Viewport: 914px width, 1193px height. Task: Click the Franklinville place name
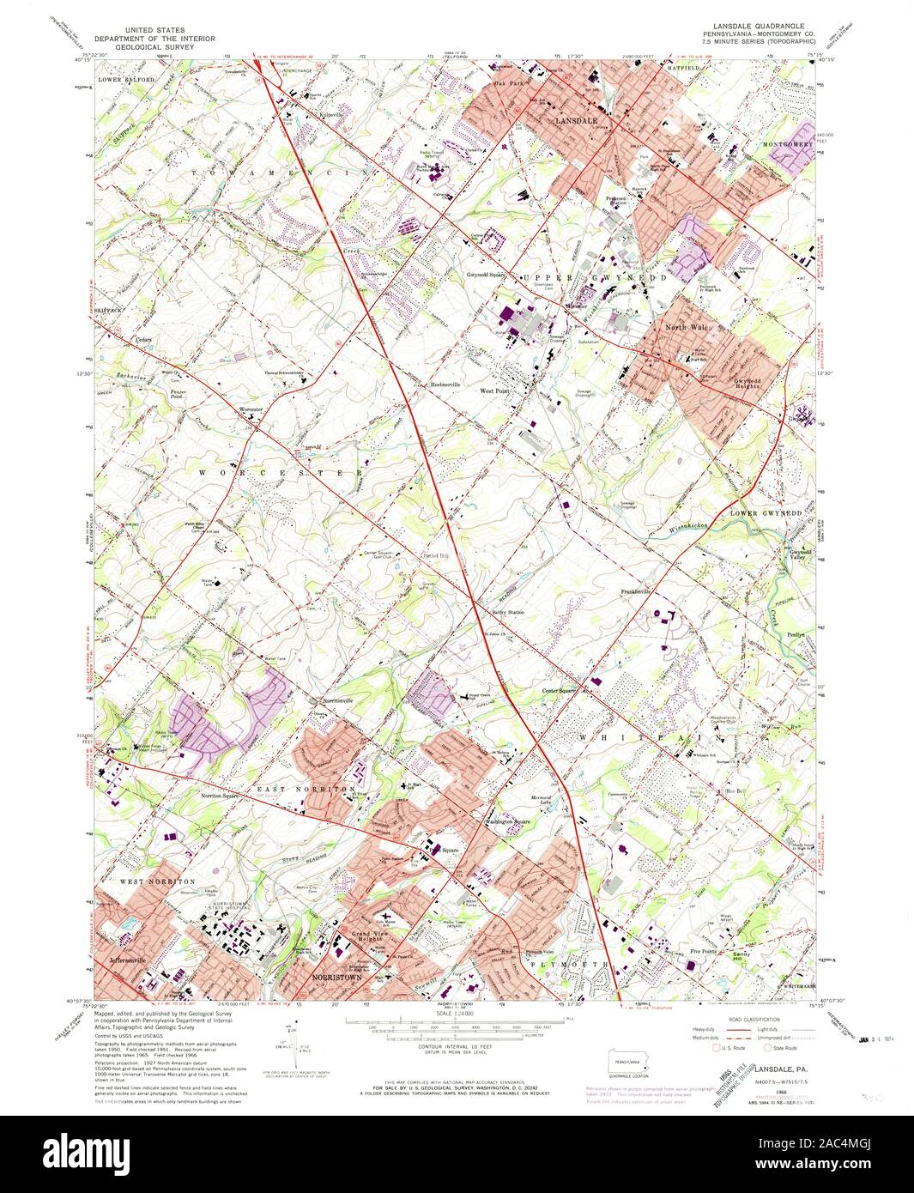coord(639,591)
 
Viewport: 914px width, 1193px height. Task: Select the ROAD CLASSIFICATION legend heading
coord(730,1018)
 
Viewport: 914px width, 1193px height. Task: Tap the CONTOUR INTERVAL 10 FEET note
coord(456,1044)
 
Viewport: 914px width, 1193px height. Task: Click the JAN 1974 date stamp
coord(880,1041)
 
